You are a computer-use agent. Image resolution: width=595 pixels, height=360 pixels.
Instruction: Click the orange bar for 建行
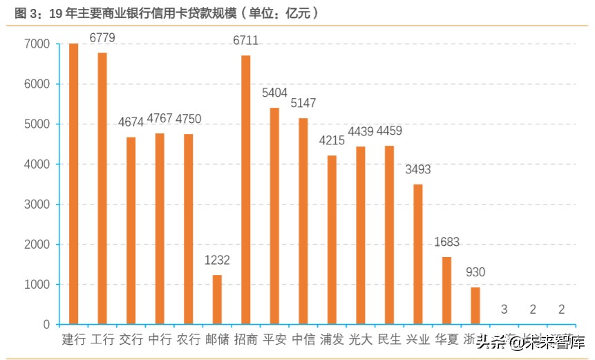click(73, 184)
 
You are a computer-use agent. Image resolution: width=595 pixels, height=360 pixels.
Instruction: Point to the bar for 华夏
click(446, 290)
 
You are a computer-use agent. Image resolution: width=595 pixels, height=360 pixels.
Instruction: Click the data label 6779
click(102, 37)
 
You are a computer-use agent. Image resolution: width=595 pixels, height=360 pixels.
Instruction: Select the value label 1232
click(217, 260)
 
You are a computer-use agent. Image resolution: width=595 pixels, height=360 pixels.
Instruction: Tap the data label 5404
click(274, 93)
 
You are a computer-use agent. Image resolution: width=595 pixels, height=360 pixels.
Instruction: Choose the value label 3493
click(418, 169)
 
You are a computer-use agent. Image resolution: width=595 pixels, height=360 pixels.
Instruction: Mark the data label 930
click(475, 272)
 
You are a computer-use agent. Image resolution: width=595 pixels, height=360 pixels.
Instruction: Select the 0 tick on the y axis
click(46, 325)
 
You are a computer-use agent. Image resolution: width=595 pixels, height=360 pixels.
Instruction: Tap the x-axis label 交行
click(131, 339)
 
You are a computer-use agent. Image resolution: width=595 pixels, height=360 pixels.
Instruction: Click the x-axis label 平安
click(274, 339)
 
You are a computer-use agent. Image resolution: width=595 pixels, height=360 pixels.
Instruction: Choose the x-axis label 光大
click(361, 339)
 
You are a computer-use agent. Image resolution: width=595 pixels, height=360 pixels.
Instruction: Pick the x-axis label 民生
click(390, 339)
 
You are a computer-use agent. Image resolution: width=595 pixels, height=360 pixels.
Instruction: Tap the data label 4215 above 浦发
click(332, 140)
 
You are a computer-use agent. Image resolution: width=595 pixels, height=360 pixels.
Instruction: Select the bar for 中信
click(303, 221)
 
